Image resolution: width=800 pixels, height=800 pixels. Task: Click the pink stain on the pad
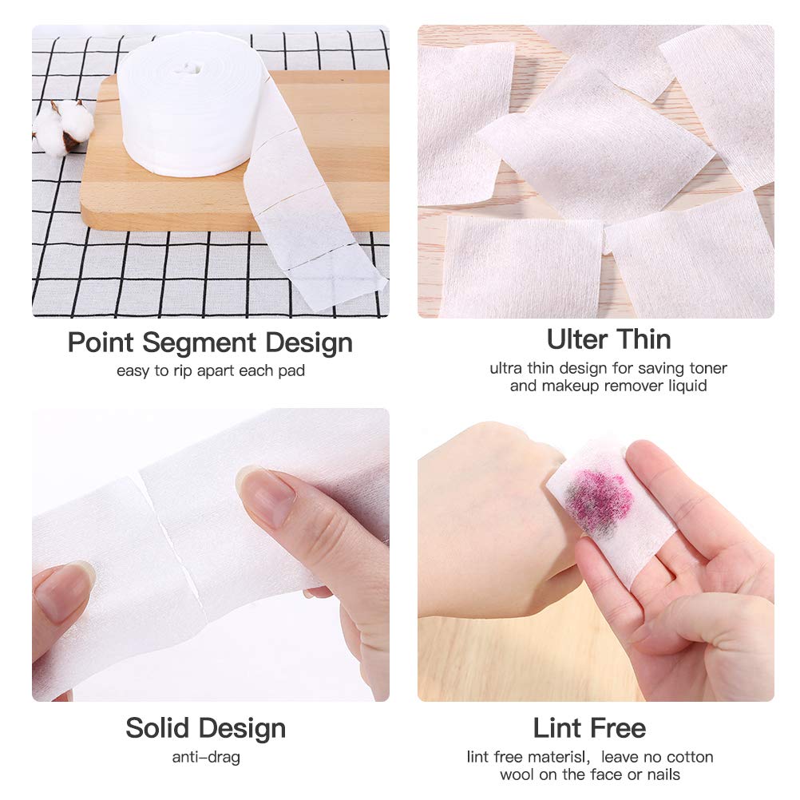tap(596, 497)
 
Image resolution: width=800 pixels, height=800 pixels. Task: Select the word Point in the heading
tap(101, 343)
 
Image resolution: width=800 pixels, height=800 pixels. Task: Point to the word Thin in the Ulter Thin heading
tap(644, 339)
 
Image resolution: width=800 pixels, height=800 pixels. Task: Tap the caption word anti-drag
tap(206, 757)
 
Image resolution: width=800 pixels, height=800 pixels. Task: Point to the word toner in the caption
tap(707, 369)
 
